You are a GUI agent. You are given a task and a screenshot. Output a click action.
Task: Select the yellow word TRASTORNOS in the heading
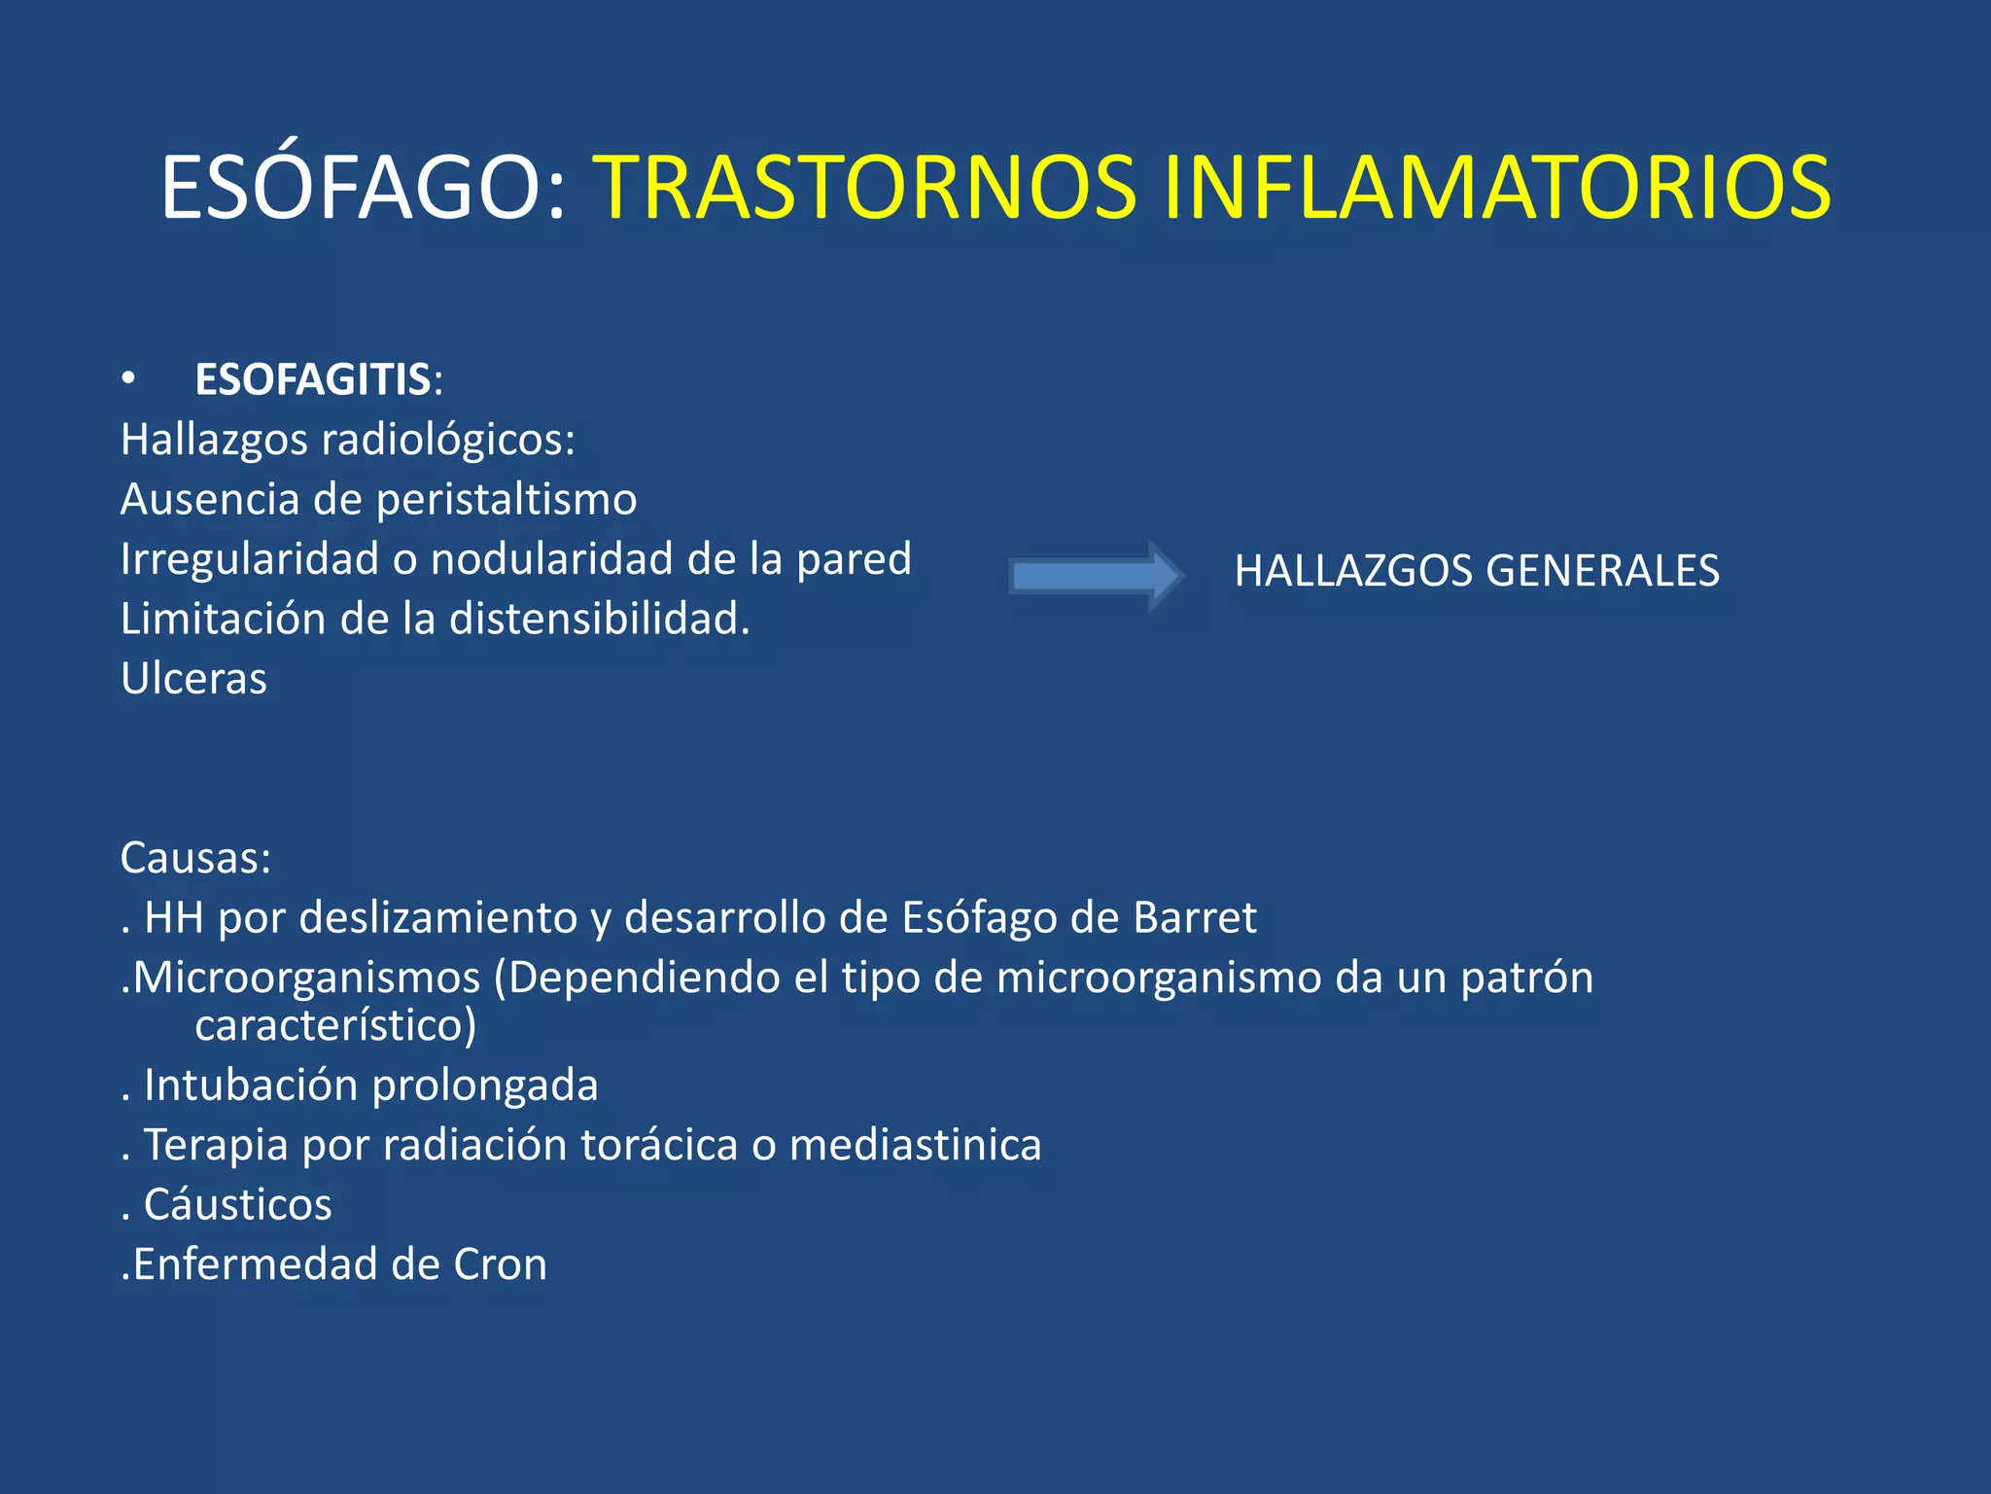coord(865,187)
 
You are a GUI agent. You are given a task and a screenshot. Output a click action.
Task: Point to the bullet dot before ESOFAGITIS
coord(128,379)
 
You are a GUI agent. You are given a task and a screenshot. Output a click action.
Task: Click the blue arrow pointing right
coord(1095,576)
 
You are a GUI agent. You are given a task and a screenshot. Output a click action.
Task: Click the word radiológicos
coord(448,441)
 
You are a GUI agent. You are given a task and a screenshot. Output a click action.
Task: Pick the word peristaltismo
coord(506,500)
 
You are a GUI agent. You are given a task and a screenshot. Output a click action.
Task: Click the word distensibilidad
coord(599,620)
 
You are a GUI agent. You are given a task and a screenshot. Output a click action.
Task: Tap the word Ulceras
coord(193,679)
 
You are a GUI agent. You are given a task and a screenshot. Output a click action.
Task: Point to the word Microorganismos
coord(306,978)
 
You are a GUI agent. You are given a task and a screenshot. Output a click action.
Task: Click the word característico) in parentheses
coord(335,1026)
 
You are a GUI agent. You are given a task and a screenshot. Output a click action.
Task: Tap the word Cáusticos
coord(237,1205)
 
